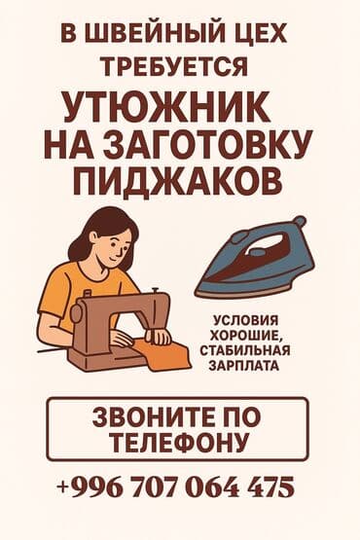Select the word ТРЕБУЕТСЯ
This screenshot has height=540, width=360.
click(179, 67)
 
